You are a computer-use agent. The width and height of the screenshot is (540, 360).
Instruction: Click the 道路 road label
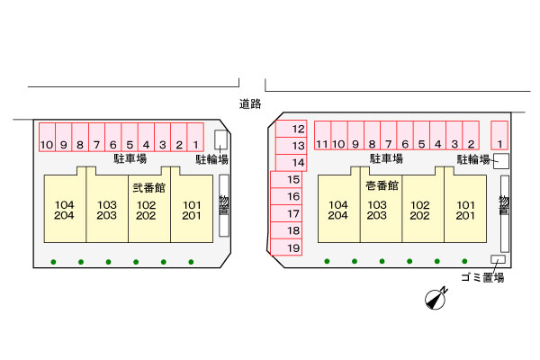pos(249,103)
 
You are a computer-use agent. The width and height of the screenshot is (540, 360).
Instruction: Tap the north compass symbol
pos(436,299)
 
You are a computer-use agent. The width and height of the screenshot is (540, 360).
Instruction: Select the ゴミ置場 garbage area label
pos(481,277)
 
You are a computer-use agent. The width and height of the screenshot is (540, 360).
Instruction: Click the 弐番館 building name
pos(148,188)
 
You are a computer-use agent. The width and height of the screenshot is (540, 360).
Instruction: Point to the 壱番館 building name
pos(381,186)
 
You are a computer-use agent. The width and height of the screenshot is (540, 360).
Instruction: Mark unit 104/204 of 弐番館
pos(64,211)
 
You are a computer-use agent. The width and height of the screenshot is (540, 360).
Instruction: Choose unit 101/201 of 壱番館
pos(464,211)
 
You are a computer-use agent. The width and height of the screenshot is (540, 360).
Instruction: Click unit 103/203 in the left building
pos(107,211)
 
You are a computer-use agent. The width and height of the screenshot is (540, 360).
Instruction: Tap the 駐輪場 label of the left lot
pos(212,159)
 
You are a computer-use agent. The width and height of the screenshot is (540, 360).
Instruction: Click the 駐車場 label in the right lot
pos(385,159)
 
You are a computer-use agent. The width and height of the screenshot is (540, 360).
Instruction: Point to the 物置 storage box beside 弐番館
pos(223,203)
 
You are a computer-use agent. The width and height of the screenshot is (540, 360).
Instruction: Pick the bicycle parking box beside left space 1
pos(221,139)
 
